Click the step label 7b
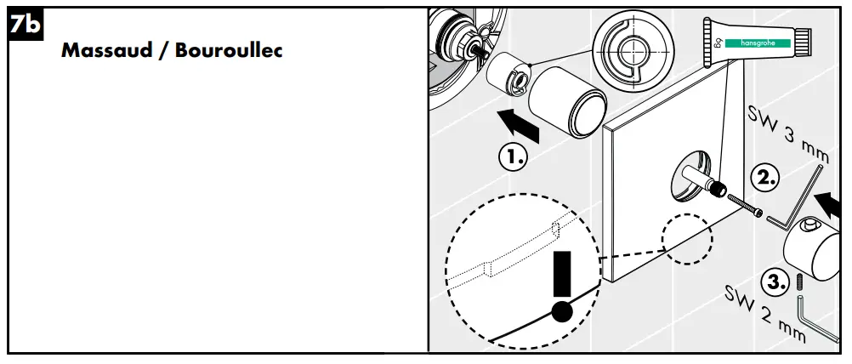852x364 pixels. [24, 26]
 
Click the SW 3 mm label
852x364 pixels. [787, 133]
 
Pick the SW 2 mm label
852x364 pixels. [764, 314]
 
